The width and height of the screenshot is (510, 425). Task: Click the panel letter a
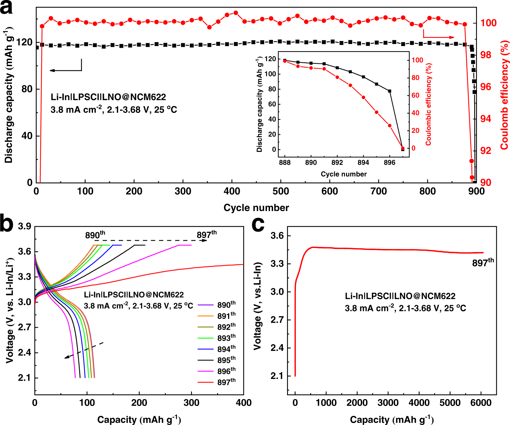[x=7, y=8]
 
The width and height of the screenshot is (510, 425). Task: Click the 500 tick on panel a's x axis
[x=281, y=191]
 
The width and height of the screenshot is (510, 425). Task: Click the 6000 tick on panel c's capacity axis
[x=481, y=403]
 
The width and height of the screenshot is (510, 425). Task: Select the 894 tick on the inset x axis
[x=363, y=163]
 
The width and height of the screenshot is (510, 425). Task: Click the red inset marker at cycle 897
[x=403, y=148]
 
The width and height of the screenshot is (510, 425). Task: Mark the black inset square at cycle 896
[x=390, y=91]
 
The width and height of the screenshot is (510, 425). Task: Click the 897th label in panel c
[x=483, y=263]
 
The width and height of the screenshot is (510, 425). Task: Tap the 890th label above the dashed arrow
[x=95, y=235]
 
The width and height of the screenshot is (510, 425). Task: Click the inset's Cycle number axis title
[x=344, y=174]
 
